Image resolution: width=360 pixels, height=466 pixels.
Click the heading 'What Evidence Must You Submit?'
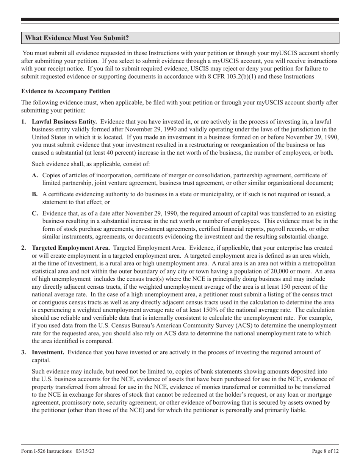(x=77, y=38)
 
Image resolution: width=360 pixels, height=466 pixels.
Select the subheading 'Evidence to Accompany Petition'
(x=66, y=91)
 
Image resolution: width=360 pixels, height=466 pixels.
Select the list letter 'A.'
(x=35, y=175)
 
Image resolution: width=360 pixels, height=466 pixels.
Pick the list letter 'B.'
(x=35, y=194)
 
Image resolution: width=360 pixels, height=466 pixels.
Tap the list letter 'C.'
(x=35, y=214)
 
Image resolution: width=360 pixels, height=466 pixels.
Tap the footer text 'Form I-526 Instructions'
(x=46, y=451)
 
